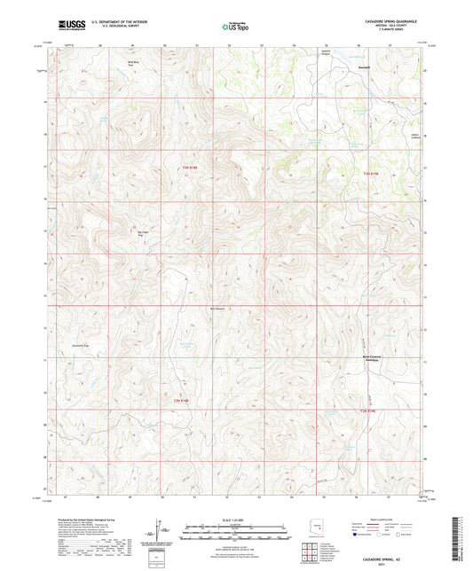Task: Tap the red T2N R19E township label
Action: tap(370, 411)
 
